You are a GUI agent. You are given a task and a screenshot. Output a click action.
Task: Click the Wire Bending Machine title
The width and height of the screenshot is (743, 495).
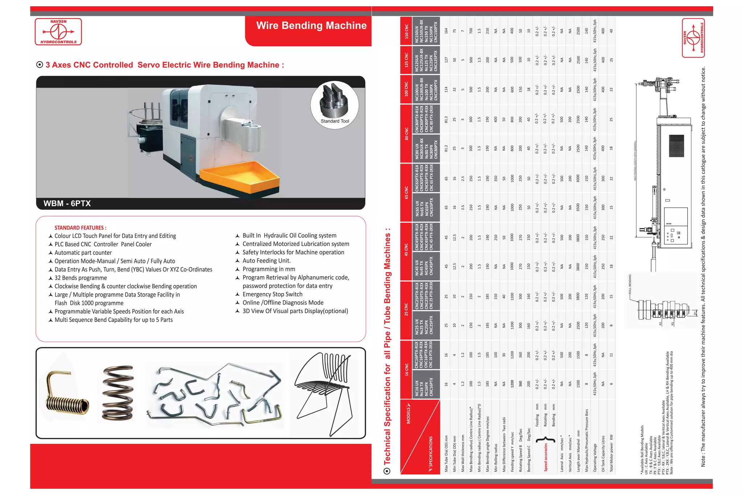click(311, 26)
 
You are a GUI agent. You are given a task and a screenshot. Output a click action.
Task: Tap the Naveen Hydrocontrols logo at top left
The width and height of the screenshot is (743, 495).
click(58, 32)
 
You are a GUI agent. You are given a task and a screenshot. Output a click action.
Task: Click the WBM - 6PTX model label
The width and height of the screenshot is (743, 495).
click(67, 203)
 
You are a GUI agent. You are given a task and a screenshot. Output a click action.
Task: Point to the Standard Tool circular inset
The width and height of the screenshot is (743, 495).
click(334, 104)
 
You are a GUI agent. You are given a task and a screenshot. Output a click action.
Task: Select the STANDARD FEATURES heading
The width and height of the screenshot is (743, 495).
click(80, 228)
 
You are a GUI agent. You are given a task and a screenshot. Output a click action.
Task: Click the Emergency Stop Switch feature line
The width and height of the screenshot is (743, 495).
click(272, 294)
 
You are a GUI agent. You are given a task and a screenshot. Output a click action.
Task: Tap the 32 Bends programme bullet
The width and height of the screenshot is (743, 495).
click(81, 278)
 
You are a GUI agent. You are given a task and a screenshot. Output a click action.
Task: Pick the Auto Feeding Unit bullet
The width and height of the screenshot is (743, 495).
click(266, 261)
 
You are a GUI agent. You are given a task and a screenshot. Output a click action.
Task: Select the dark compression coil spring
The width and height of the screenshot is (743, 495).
click(118, 392)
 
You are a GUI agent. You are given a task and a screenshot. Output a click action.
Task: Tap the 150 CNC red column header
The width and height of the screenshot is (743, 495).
click(406, 31)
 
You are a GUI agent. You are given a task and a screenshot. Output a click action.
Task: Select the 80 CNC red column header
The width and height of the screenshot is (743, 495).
click(406, 133)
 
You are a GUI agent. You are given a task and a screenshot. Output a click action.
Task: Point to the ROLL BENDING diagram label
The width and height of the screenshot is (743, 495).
click(630, 284)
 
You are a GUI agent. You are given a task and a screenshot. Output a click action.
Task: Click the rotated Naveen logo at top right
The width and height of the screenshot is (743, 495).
click(693, 38)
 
